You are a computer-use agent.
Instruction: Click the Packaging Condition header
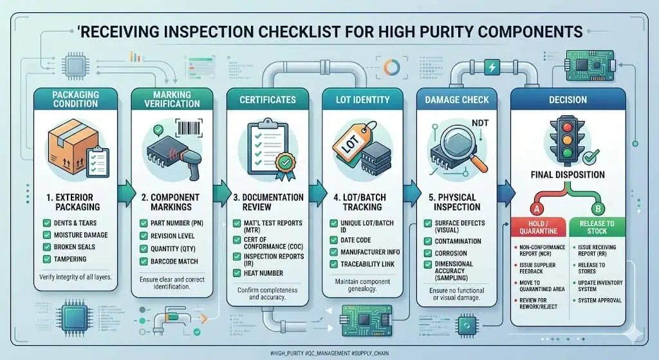[x=75, y=98]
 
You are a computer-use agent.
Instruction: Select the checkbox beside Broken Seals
[x=48, y=247]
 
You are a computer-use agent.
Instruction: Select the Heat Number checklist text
[x=265, y=272]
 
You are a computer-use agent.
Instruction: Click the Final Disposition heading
[x=567, y=174]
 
